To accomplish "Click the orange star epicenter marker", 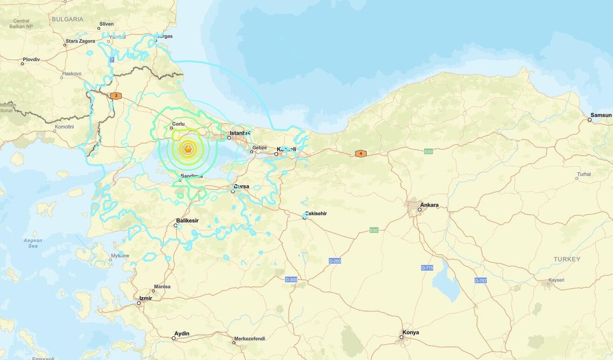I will pyautogui.click(x=188, y=148).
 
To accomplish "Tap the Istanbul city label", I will pyautogui.click(x=240, y=133).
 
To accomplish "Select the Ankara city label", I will pyautogui.click(x=429, y=205).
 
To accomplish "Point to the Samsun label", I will pyautogui.click(x=601, y=115).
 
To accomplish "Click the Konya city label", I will pyautogui.click(x=410, y=332).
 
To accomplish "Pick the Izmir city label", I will pyautogui.click(x=145, y=298).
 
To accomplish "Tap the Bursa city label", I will pyautogui.click(x=241, y=186).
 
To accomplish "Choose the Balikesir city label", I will pyautogui.click(x=187, y=221).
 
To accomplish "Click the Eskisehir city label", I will pyautogui.click(x=316, y=214).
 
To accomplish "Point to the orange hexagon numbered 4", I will pyautogui.click(x=361, y=154).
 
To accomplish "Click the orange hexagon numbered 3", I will pyautogui.click(x=116, y=95).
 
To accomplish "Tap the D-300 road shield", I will pyautogui.click(x=291, y=280).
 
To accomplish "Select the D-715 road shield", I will pyautogui.click(x=427, y=268).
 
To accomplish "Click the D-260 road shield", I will pyautogui.click(x=335, y=261).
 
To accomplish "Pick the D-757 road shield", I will pyautogui.click(x=481, y=280).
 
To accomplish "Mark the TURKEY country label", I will pyautogui.click(x=567, y=259).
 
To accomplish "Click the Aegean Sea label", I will pyautogui.click(x=33, y=243).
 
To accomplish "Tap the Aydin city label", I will pyautogui.click(x=181, y=333).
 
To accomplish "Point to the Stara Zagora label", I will pyautogui.click(x=81, y=41).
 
